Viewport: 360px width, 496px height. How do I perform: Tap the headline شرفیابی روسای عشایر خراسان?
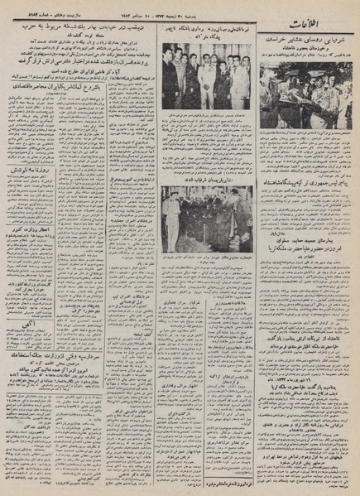[307, 39]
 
